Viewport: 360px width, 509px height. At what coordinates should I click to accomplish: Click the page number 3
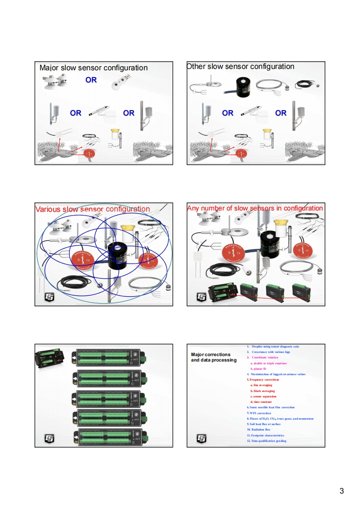341,491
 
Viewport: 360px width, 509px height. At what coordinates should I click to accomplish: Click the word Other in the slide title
197,67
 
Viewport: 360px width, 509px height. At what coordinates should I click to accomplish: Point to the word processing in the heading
224,360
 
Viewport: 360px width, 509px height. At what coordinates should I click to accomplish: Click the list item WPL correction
260,413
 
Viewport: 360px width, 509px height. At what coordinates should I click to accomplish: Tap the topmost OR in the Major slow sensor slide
91,80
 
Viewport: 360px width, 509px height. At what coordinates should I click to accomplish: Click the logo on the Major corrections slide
201,438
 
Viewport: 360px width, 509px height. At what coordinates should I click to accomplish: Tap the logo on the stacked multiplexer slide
49,438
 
